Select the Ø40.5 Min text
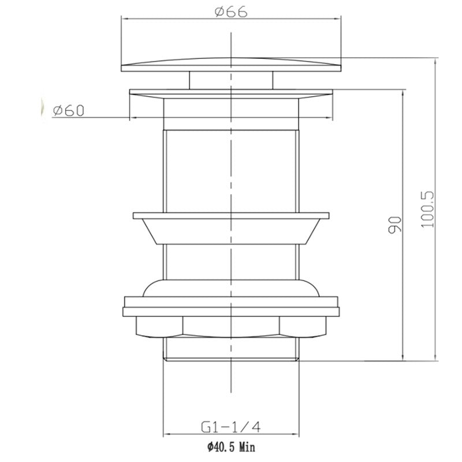click(230, 446)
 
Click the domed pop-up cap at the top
click(231, 64)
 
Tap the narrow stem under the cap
click(208, 80)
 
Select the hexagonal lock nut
click(231, 326)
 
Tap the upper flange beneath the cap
click(231, 94)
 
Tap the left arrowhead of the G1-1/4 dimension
click(167, 434)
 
